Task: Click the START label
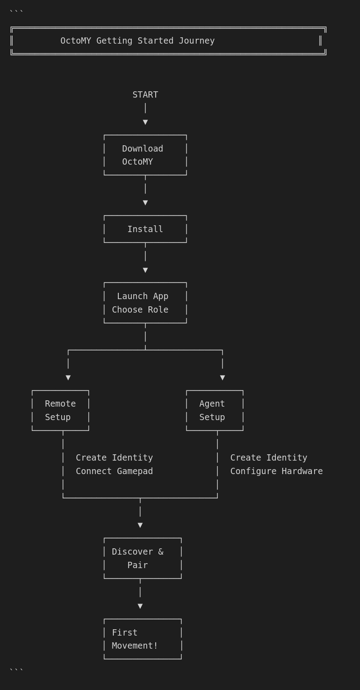[145, 95]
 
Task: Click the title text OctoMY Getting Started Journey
[137, 41]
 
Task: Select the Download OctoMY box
[145, 155]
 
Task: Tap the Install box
[145, 229]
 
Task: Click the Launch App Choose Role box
[145, 303]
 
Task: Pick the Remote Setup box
[60, 410]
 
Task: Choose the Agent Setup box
[215, 410]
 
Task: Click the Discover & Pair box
[142, 558]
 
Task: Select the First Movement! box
[142, 639]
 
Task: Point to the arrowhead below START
[145, 122]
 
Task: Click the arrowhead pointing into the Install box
[145, 202]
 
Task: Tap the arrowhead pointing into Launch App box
[145, 270]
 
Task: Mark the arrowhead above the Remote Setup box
[68, 377]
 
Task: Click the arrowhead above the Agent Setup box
[222, 377]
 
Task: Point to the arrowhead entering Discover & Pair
[140, 525]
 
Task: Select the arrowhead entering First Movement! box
[140, 606]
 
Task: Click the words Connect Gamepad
[114, 471]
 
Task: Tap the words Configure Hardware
[276, 471]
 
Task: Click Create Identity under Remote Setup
[114, 458]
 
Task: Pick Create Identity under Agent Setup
[269, 458]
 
